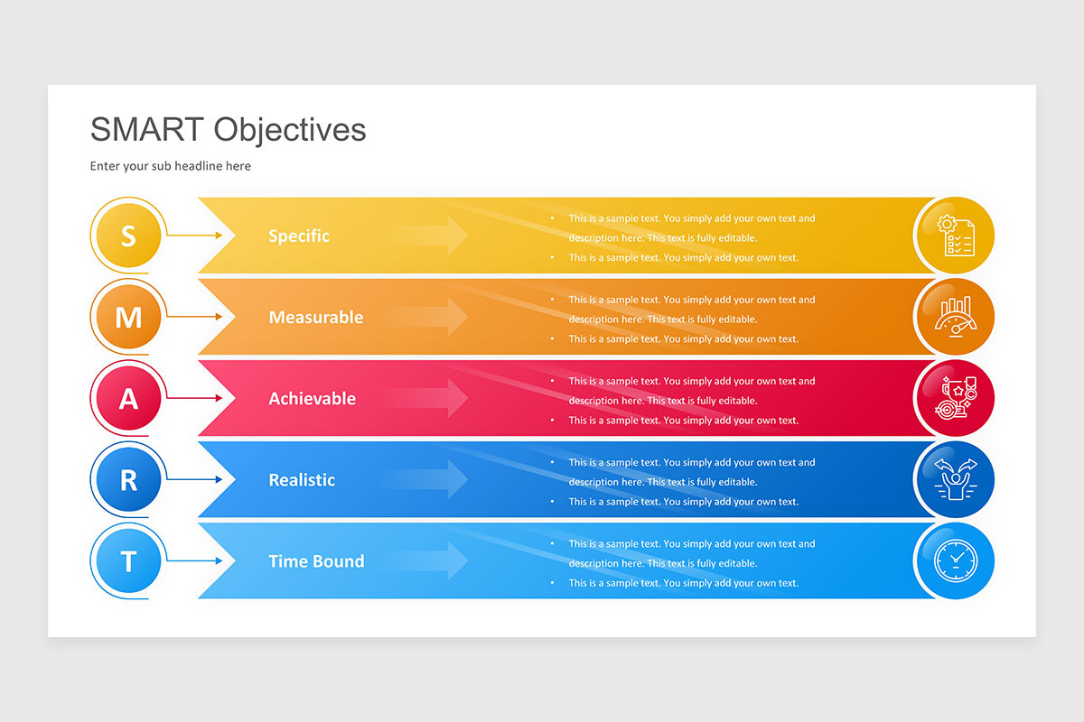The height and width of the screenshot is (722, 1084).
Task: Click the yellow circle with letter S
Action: [128, 236]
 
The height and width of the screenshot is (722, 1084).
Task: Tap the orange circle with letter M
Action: [128, 318]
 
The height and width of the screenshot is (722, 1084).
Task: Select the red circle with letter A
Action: [128, 399]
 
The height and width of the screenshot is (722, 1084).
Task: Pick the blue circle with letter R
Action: [128, 480]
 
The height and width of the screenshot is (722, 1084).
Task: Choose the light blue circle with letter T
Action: [128, 561]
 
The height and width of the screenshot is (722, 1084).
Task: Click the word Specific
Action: [299, 236]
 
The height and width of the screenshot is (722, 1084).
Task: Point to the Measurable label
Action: [316, 318]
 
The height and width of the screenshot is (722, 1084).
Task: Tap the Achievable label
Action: [313, 399]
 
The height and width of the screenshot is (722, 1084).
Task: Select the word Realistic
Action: [302, 480]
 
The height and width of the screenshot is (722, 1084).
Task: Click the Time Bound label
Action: [316, 561]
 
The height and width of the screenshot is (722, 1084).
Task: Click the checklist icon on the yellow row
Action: [956, 236]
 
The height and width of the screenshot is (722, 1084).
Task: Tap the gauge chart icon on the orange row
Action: [956, 318]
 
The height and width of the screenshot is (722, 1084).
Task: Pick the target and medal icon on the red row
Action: [956, 399]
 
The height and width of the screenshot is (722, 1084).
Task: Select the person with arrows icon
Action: [956, 480]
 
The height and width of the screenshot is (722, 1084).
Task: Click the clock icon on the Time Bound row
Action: [956, 561]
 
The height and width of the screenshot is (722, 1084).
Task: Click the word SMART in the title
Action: [147, 130]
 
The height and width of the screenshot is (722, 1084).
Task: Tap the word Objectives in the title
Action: [290, 130]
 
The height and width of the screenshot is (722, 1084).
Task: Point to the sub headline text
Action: [171, 166]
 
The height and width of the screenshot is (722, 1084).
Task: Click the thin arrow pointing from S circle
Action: [193, 236]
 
